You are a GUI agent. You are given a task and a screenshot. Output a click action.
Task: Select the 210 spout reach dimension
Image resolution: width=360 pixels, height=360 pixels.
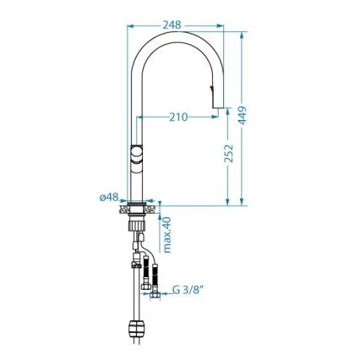[x=177, y=117]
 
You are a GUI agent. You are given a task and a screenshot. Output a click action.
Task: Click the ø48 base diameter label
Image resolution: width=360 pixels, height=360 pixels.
[x=108, y=197]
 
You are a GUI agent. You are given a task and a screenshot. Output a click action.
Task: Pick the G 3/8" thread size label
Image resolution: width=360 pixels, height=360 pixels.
[x=192, y=290]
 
